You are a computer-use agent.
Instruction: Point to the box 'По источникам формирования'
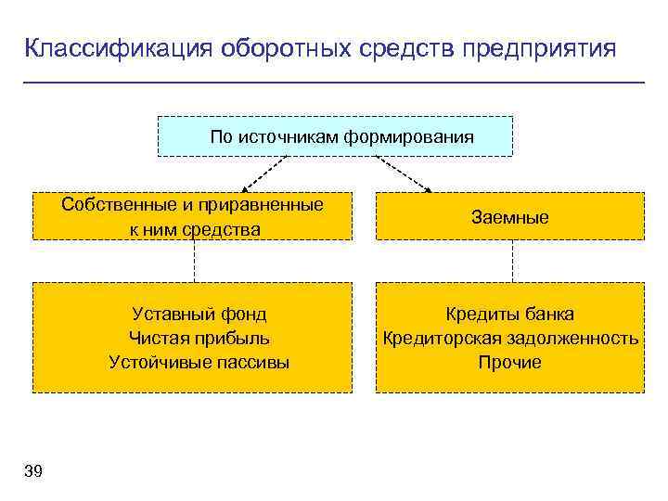coord(335,136)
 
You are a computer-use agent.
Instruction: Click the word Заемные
coord(509,217)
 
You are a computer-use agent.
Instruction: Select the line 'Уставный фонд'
coord(199,314)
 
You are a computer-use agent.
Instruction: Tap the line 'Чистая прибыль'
coord(199,338)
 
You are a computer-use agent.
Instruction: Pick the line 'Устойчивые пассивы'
coord(199,362)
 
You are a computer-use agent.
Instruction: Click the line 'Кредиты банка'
coord(509,314)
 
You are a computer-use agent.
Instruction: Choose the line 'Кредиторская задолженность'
coord(510,338)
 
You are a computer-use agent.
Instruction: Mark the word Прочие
coord(509,362)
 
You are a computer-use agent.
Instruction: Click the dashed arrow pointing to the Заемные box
coord(404,174)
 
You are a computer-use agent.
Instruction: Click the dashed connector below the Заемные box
coord(513,261)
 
